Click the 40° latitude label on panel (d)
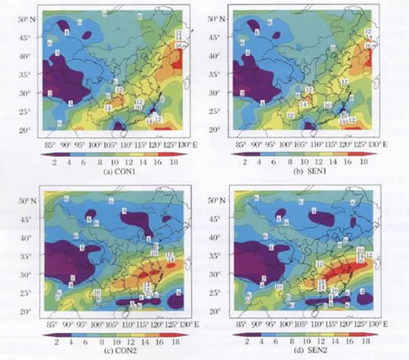[215, 238]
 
